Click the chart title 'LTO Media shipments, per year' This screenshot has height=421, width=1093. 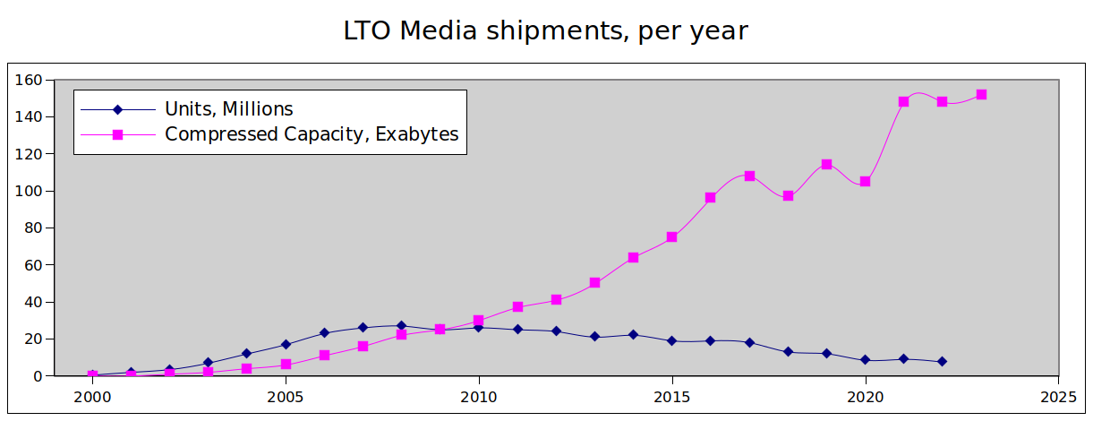[545, 30]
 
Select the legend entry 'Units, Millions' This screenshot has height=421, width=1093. [228, 109]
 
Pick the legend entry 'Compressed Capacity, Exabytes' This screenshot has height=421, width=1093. [312, 134]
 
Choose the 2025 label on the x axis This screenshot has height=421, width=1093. [1058, 396]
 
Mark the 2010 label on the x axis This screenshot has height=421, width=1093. [478, 396]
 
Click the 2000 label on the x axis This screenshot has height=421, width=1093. [92, 396]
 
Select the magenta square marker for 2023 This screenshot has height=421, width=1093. [981, 94]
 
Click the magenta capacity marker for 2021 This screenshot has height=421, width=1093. [903, 101]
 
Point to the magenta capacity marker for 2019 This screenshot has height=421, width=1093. [826, 164]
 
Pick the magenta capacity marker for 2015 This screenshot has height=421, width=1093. [671, 237]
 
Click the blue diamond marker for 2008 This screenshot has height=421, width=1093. [401, 326]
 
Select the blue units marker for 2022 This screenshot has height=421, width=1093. [942, 361]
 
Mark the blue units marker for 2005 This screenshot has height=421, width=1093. [286, 344]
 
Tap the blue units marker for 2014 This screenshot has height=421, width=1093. [633, 335]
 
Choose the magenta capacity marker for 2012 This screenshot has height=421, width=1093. [556, 299]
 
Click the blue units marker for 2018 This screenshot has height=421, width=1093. [788, 351]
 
